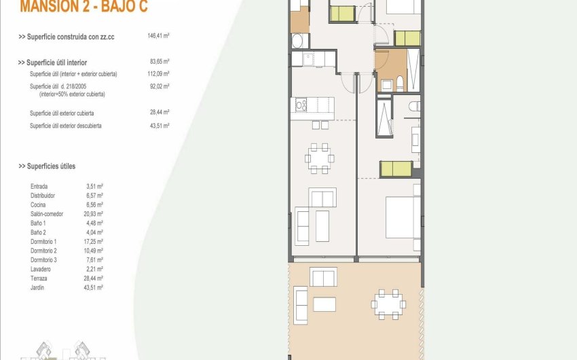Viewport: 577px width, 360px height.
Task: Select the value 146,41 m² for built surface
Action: pos(158,36)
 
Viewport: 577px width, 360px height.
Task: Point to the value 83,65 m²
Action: pos(158,62)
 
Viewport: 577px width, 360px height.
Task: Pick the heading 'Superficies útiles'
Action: pos(47,166)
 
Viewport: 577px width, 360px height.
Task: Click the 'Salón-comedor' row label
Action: pos(47,214)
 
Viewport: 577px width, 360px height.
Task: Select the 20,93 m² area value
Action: pos(94,214)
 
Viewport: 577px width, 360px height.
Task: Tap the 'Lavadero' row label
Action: pos(41,269)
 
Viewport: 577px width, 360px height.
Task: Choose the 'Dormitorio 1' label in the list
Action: pos(43,242)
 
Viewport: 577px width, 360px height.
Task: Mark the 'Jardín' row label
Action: pos(38,287)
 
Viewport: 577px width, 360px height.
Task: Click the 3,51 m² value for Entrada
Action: pos(94,186)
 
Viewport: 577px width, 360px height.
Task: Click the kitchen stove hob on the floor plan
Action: pos(300,105)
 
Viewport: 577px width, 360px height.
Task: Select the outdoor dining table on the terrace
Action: pos(388,304)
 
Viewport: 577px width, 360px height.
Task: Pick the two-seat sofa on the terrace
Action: pos(323,276)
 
